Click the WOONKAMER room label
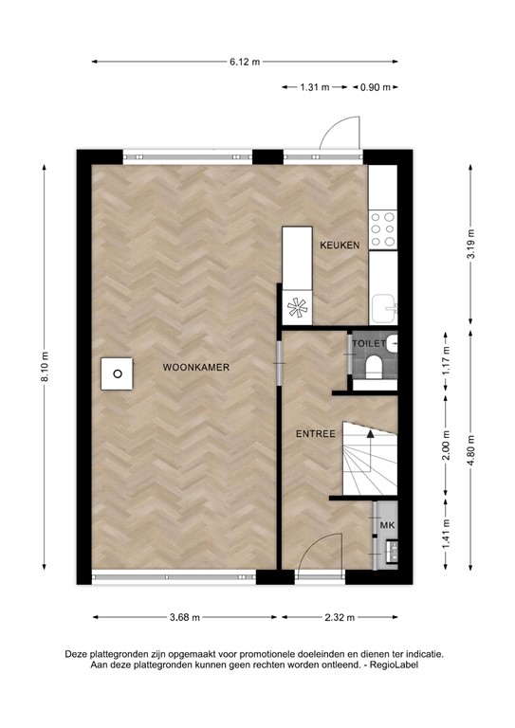[x=196, y=367]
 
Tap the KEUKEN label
[x=339, y=245]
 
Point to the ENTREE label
[x=315, y=434]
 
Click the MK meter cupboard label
[x=386, y=524]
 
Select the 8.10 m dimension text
[x=44, y=368]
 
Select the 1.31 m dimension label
[x=312, y=87]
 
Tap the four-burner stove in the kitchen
[x=383, y=230]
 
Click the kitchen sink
[x=383, y=306]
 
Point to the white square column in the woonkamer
[x=119, y=373]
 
